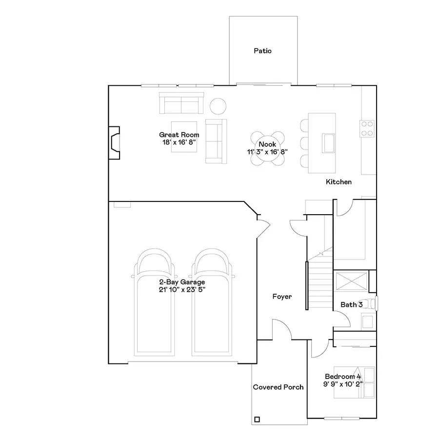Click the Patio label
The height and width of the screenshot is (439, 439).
262,51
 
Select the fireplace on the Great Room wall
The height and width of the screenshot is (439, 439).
114,143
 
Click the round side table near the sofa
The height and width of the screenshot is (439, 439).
218,105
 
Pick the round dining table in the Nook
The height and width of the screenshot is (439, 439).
267,144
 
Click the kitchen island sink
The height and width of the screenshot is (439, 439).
328,142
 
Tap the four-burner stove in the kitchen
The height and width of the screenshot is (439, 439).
367,128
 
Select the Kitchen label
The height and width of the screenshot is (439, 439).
339,182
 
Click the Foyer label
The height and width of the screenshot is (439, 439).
282,296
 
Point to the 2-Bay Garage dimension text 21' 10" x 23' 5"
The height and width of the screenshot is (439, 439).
182,289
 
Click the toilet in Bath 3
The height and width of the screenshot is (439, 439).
371,303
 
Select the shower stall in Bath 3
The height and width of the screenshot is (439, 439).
351,282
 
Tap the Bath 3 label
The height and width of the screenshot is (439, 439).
351,304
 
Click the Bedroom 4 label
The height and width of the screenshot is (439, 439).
343,377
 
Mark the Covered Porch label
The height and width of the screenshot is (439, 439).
278,387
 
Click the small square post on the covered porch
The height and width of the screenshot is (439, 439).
257,419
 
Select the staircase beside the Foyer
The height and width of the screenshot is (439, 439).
319,278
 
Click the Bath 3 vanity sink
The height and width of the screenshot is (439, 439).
367,321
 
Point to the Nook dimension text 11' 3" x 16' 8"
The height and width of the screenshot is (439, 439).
267,152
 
